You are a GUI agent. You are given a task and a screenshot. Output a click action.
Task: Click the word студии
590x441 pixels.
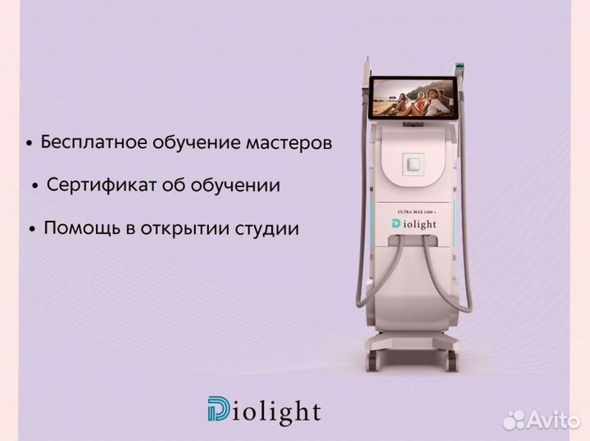(268, 228)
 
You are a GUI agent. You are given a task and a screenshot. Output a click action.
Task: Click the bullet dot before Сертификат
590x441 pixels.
(35, 187)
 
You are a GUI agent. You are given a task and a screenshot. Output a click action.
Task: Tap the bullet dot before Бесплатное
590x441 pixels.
(29, 145)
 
